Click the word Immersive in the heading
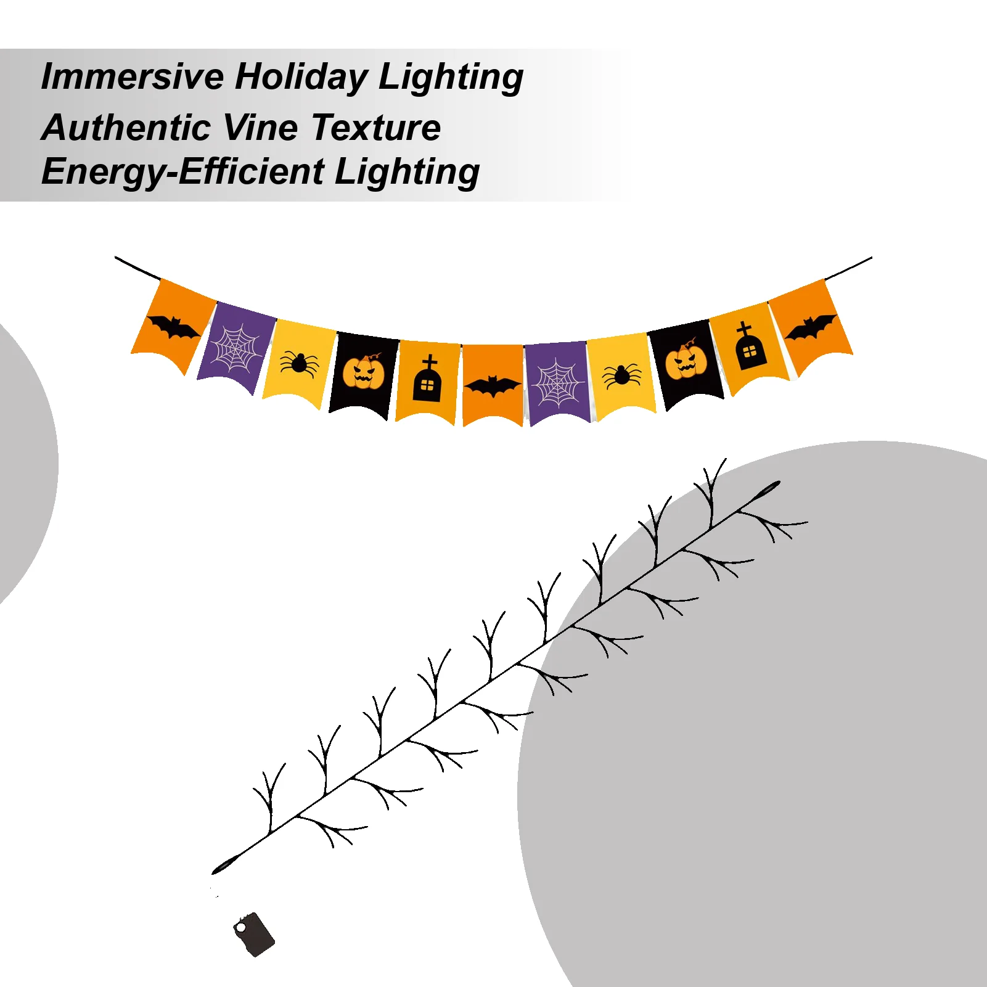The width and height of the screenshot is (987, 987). tap(132, 77)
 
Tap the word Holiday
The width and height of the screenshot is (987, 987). tap(301, 77)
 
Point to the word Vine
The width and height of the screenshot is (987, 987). tap(260, 128)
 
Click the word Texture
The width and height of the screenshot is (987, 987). tap(376, 128)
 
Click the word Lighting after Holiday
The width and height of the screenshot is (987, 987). tap(451, 78)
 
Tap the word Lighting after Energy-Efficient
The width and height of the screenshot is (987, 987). tap(407, 173)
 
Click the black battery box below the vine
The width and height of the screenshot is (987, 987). tap(254, 935)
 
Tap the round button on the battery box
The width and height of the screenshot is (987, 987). tap(240, 927)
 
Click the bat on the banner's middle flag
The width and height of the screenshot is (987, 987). tap(493, 387)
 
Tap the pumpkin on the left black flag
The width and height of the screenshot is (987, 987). tap(363, 372)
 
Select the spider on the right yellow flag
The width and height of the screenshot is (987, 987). tap(621, 375)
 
